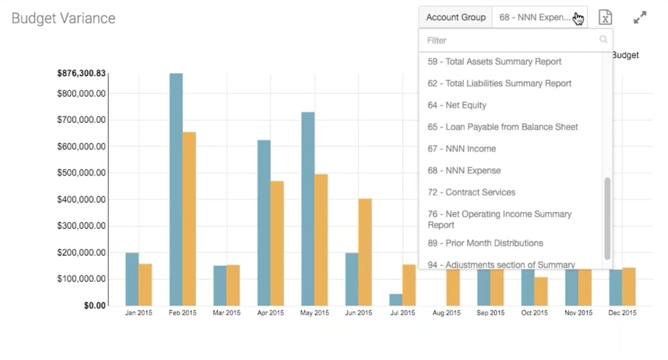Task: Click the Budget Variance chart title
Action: click(63, 18)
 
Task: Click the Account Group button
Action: click(456, 17)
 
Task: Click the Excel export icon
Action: click(605, 18)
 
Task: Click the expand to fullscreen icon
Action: click(640, 18)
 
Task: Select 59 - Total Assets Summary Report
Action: click(494, 61)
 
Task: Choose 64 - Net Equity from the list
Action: click(457, 105)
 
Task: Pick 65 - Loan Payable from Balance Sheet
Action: click(502, 127)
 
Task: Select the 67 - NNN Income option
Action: click(462, 148)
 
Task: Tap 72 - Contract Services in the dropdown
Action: click(471, 192)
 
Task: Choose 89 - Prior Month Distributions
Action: click(485, 243)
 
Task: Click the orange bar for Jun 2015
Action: click(365, 252)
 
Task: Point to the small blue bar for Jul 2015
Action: click(396, 299)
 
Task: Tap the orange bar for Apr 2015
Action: click(277, 243)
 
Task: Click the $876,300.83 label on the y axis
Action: click(81, 73)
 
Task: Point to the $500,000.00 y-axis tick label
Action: click(81, 173)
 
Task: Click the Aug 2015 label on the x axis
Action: click(446, 313)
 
